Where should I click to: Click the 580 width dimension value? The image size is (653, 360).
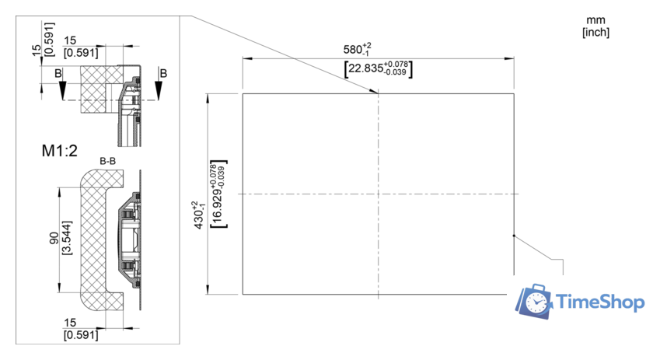[357, 49]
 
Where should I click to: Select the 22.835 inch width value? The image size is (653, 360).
[378, 68]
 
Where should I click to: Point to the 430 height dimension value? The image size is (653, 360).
[199, 215]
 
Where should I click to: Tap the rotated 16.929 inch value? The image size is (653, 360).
[218, 194]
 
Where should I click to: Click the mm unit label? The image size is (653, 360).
[595, 20]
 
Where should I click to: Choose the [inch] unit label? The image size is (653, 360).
[595, 33]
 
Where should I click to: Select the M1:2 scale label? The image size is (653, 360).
[60, 150]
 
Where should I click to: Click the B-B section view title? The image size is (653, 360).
[107, 161]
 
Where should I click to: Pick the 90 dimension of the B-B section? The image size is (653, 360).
[54, 238]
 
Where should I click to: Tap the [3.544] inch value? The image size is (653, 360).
[66, 238]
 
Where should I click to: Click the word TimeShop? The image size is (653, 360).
[600, 302]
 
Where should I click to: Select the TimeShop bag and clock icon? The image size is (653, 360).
[535, 302]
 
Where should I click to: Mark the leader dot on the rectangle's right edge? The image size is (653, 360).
[514, 236]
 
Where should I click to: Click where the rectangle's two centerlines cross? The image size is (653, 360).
[378, 194]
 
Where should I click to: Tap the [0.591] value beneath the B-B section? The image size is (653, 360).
[81, 335]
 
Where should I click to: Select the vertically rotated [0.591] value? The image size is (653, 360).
[49, 39]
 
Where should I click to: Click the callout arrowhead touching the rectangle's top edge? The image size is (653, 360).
[374, 92]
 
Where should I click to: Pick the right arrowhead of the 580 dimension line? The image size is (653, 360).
[509, 59]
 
